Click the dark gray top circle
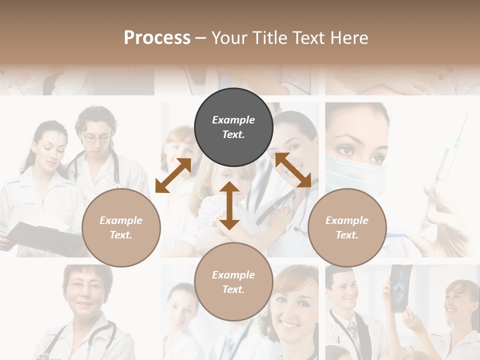pyautogui.click(x=233, y=127)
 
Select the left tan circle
pyautogui.click(x=121, y=228)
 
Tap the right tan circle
pyautogui.click(x=347, y=228)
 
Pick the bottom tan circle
pyautogui.click(x=233, y=282)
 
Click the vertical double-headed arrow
pyautogui.click(x=229, y=205)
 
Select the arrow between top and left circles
pyautogui.click(x=173, y=175)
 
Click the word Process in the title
pyautogui.click(x=157, y=37)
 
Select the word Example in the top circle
pyautogui.click(x=233, y=120)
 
